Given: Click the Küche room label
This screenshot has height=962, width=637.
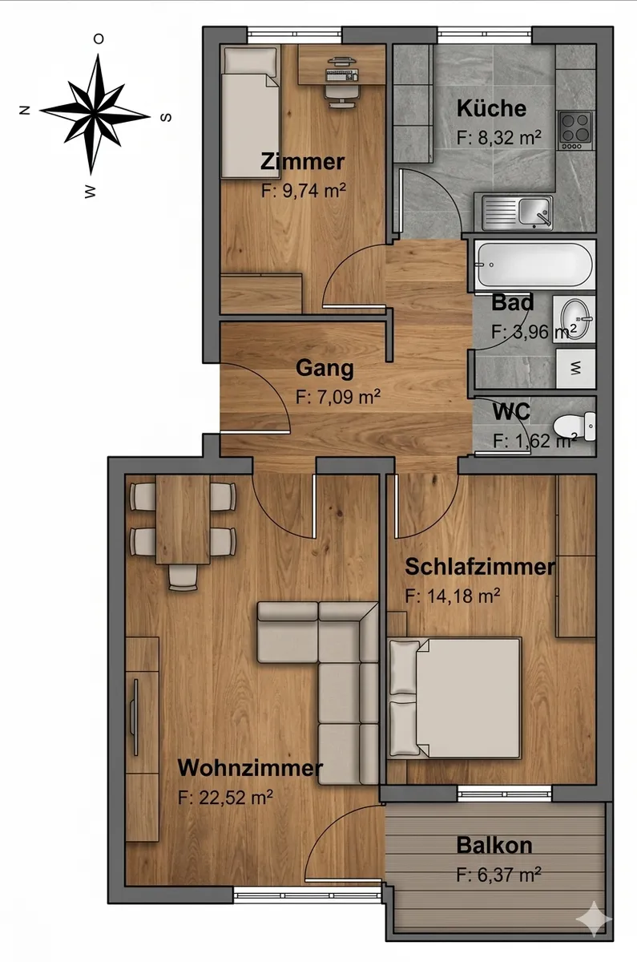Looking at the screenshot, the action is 491,108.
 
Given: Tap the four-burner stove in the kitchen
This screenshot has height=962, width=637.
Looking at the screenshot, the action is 576,131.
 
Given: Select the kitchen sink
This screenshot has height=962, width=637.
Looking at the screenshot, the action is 518,212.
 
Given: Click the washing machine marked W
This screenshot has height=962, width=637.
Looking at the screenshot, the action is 575,368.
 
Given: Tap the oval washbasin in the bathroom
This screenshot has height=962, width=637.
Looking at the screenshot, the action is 575,319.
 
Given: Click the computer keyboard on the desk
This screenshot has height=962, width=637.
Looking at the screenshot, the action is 341,75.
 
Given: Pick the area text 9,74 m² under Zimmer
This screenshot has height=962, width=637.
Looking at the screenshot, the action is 304,190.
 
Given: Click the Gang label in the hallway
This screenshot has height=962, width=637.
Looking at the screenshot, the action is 325,369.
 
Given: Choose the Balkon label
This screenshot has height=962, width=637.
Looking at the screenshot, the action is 494,845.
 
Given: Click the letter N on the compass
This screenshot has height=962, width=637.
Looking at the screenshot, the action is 25,111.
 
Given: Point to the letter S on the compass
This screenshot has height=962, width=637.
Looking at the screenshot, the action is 166,117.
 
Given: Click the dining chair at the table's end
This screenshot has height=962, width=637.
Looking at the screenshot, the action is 183,577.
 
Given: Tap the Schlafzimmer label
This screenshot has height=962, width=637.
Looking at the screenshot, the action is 480,567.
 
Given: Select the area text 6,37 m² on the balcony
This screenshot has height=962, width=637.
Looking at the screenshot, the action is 498,875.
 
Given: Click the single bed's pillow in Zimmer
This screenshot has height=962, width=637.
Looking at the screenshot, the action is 250,61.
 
